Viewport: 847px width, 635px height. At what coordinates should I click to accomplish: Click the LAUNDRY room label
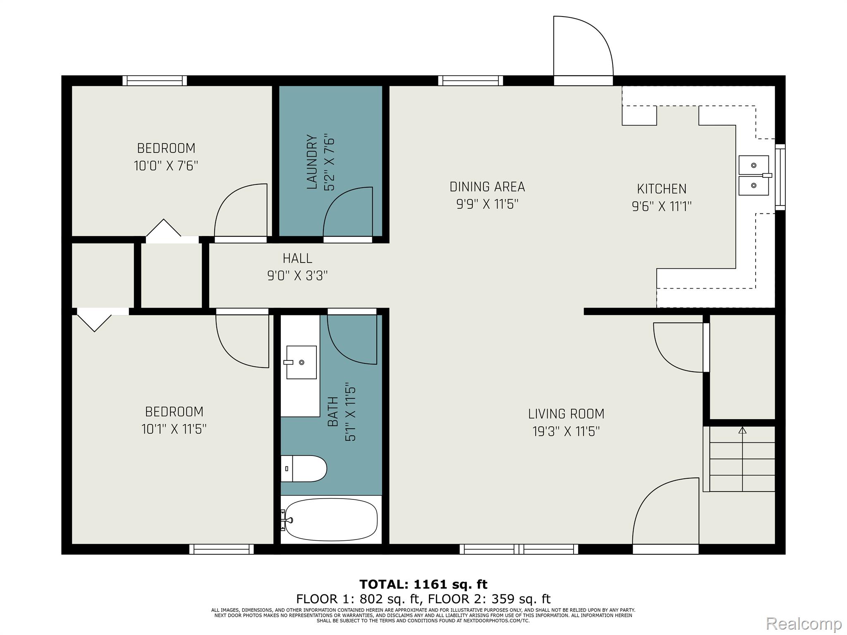[x=312, y=162]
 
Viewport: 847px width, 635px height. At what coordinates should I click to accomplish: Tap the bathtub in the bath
[x=331, y=519]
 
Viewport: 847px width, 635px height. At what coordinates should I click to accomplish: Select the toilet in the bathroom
[x=304, y=468]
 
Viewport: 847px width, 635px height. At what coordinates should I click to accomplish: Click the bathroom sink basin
[x=301, y=362]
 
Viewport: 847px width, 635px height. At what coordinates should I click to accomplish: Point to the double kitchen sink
[x=754, y=175]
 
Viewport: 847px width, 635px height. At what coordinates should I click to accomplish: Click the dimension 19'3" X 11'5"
[x=566, y=432]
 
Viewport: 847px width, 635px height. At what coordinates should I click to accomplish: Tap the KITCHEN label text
[x=662, y=189]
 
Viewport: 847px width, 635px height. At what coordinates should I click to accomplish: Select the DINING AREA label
[x=487, y=187]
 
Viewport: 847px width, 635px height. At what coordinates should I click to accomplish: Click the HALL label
[x=297, y=258]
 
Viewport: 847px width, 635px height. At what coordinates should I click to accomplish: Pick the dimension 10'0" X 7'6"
[x=166, y=166]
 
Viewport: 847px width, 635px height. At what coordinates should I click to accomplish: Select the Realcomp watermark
[x=804, y=623]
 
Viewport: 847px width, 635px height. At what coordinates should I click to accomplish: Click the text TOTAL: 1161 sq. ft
[x=423, y=584]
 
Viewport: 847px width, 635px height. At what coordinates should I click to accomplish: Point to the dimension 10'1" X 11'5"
[x=174, y=429]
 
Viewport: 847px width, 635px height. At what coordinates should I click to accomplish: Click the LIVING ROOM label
[x=566, y=414]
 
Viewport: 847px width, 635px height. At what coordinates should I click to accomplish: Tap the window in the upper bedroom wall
[x=155, y=81]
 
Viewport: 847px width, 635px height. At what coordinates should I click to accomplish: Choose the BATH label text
[x=333, y=411]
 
